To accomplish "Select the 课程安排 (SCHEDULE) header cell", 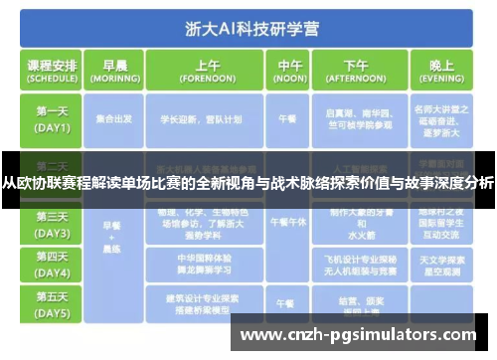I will click(53, 71).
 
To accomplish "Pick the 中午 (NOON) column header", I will click(285, 71).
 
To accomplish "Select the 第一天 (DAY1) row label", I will click(53, 119).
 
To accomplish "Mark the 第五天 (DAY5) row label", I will click(53, 302).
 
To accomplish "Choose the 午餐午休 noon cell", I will click(285, 223).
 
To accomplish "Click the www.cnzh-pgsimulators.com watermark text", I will click(359, 334).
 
